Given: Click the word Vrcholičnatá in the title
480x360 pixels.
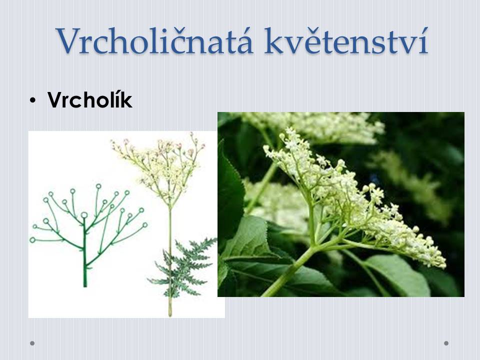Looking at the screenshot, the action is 155,41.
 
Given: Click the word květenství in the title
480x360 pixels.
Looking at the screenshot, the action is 346,41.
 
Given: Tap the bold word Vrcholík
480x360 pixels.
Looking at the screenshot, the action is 90,100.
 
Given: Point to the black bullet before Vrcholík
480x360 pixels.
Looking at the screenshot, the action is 33,100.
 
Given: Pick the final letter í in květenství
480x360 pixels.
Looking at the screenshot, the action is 423,41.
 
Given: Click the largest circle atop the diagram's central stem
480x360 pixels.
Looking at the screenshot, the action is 84,215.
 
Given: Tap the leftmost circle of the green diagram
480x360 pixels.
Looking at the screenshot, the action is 32,240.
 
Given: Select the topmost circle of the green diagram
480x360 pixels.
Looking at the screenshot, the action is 98,186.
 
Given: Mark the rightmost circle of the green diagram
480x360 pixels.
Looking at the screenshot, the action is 145,225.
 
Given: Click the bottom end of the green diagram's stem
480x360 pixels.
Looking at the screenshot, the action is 85,286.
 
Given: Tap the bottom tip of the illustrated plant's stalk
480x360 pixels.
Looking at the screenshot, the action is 170,315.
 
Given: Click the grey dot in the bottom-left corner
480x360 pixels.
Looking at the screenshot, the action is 32,343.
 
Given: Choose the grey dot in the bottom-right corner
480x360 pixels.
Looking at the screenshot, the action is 446,343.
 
